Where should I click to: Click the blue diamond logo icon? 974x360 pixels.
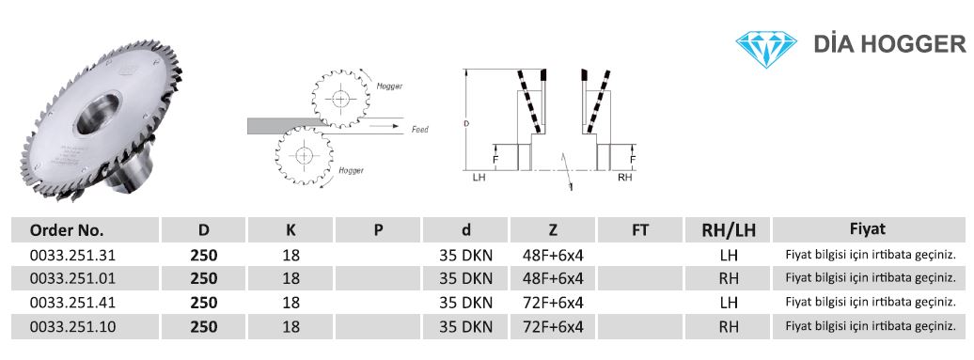tap(766, 49)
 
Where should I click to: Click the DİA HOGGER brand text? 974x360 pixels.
tap(889, 44)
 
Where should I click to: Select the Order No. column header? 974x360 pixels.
tap(67, 230)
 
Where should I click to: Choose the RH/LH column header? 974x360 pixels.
tap(728, 230)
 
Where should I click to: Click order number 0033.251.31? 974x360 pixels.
tap(72, 255)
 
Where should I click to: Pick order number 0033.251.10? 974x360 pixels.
tap(72, 326)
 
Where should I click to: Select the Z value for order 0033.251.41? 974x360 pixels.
tap(553, 303)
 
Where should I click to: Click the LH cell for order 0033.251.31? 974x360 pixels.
tap(728, 255)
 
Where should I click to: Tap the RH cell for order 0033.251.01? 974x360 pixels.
tap(728, 278)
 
